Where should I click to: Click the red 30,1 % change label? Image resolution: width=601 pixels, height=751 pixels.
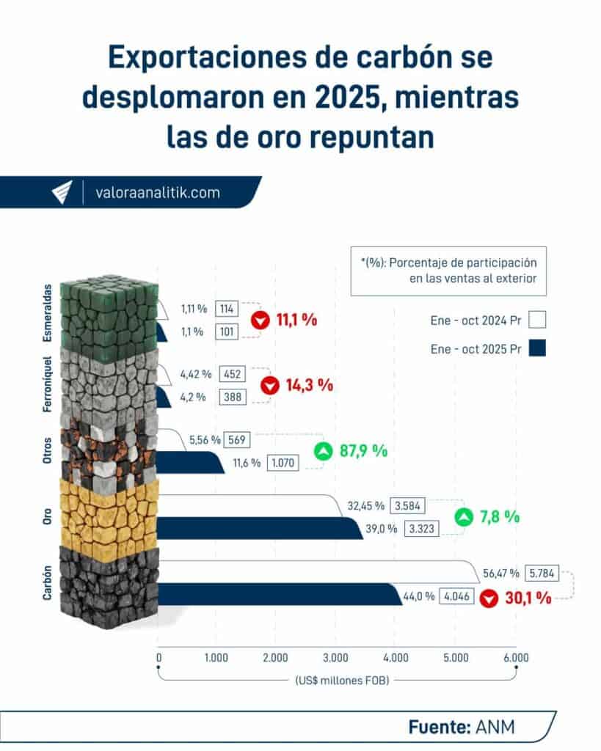point(526,598)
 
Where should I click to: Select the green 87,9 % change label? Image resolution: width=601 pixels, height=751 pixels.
point(362,451)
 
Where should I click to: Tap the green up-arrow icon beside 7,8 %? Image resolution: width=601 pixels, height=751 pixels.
point(463,517)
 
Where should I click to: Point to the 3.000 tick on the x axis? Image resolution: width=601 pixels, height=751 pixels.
point(335,658)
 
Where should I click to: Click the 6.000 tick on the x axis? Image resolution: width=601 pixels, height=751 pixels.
point(515,658)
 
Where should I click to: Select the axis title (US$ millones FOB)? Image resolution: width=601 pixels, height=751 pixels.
point(337,680)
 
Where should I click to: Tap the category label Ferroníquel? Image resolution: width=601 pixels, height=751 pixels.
point(47,383)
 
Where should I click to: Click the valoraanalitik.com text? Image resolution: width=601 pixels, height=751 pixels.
point(158,193)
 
